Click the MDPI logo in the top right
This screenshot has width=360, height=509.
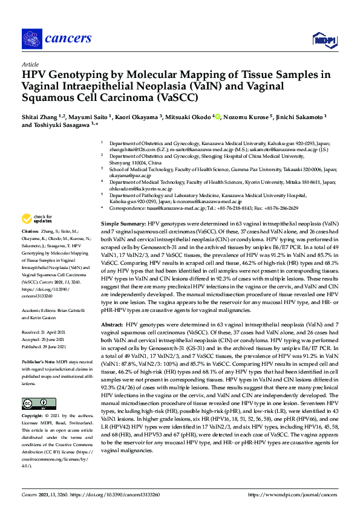324,40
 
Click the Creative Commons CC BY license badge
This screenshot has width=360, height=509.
34,403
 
